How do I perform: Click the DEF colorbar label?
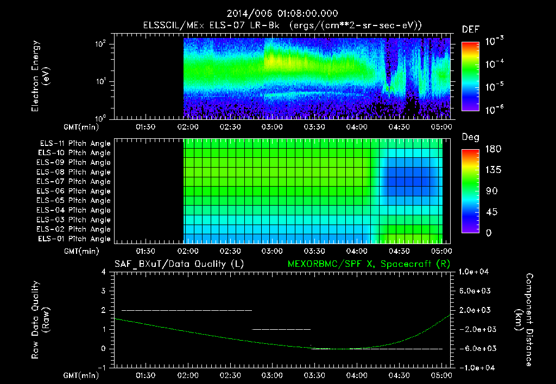(470, 29)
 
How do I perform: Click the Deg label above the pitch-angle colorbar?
(470, 137)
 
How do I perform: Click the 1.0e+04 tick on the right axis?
(476, 272)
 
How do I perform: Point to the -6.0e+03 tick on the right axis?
(476, 348)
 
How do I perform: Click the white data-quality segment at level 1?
(281, 329)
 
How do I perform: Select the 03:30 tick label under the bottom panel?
(314, 375)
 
